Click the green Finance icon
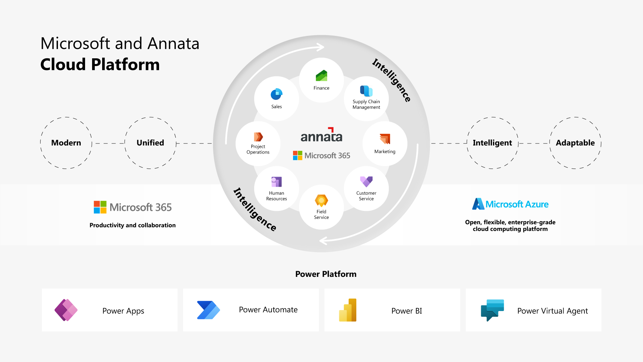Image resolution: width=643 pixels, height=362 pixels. (x=321, y=76)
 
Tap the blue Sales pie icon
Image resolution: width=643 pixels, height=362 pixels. (x=276, y=94)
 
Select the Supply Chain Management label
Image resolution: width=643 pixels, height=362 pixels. (x=366, y=104)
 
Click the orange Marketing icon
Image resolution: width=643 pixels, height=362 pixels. (x=385, y=139)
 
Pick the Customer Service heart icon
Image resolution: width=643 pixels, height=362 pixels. (x=366, y=181)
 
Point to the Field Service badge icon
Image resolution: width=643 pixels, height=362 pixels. (x=321, y=200)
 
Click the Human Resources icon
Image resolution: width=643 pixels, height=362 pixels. (x=276, y=182)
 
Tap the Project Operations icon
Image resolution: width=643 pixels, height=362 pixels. (x=258, y=137)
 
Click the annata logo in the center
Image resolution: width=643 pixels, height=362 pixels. (x=321, y=135)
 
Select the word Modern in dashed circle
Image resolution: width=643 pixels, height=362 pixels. (x=66, y=143)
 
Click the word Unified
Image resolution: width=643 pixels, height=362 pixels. (x=150, y=143)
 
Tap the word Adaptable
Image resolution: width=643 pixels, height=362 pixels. (x=575, y=143)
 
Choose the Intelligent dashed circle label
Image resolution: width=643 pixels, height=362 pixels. (x=492, y=143)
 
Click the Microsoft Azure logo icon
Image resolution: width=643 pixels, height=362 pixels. (x=478, y=204)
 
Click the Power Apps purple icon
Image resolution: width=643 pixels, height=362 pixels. (x=66, y=310)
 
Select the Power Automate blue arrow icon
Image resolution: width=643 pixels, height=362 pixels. (x=208, y=310)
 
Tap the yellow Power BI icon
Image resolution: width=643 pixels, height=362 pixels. (x=348, y=310)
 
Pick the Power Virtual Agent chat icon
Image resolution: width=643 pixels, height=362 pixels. (x=492, y=310)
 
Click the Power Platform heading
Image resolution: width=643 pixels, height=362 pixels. (x=326, y=274)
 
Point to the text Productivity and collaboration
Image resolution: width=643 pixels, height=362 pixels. (x=132, y=225)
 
